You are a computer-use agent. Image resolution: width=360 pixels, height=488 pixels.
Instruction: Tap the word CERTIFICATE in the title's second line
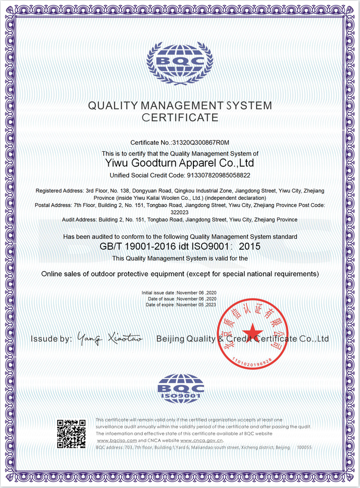180,118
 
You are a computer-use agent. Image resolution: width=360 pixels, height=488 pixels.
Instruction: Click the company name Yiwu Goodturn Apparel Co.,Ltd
180,163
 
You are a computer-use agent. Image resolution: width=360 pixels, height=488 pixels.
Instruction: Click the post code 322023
180,212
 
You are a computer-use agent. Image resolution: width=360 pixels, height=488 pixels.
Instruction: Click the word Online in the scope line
52,274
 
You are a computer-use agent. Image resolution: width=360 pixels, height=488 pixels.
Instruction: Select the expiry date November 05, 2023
196,305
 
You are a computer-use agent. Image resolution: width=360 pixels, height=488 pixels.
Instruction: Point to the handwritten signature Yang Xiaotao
110,338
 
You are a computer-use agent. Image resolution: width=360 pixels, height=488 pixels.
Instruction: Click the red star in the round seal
252,332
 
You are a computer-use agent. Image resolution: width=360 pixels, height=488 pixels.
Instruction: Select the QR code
71,434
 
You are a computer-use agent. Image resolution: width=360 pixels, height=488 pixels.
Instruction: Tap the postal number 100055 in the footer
304,447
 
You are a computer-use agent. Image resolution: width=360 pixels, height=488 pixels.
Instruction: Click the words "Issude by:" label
51,339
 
